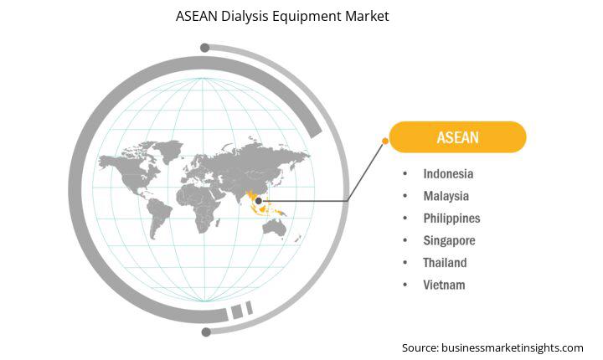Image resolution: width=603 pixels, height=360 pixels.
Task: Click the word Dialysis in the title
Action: pos(245,16)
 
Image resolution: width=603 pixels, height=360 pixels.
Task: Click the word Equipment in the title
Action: pos(307,17)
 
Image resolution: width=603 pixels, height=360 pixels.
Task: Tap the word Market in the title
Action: pos(367,16)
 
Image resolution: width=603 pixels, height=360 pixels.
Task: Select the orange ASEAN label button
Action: pos(457,137)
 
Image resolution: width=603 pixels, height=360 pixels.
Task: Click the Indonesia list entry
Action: pos(448,174)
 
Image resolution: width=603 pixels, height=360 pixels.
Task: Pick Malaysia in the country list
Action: pos(446,196)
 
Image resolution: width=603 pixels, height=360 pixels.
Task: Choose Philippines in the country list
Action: pos(452,219)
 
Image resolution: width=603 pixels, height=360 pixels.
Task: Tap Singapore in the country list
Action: pos(449,241)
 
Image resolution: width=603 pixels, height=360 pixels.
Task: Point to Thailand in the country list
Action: pos(445,263)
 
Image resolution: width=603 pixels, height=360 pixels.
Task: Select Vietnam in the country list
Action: pos(444,285)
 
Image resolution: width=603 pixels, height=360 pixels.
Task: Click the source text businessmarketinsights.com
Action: pos(513,348)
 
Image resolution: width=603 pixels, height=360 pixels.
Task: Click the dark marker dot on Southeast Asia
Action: pos(259,201)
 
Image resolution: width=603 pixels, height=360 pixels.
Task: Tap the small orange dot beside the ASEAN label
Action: pos(385,141)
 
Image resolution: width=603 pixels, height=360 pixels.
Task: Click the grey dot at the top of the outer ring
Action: pos(205,48)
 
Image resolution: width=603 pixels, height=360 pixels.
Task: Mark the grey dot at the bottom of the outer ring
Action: pos(206,332)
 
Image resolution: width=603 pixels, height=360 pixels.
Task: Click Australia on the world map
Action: pos(274,229)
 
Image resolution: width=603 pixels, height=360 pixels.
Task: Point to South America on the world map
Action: pos(158,216)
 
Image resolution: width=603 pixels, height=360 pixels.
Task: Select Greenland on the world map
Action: pos(169,150)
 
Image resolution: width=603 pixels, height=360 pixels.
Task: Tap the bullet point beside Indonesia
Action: pos(405,174)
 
